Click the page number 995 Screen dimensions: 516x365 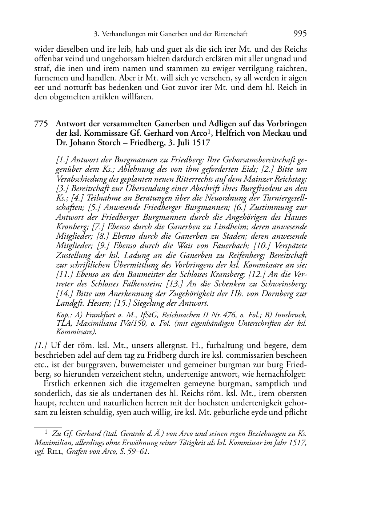tap(300, 34)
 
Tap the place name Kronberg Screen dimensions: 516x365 tap(71, 227)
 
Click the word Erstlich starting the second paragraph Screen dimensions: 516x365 tap(59, 384)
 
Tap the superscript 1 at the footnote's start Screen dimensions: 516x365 tap(46, 432)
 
